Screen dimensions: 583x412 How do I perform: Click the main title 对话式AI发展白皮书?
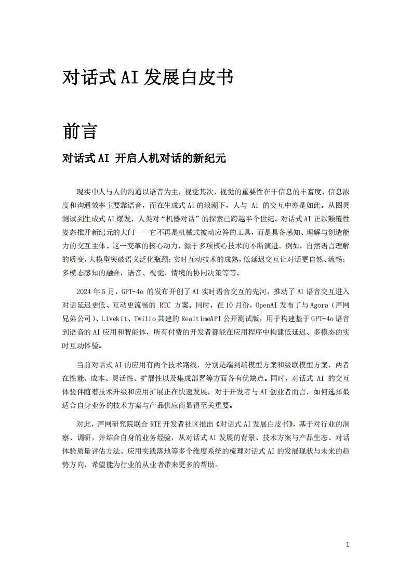[x=147, y=77]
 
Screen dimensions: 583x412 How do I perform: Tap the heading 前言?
[x=79, y=131]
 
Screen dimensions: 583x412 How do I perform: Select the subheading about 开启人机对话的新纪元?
[x=144, y=158]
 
